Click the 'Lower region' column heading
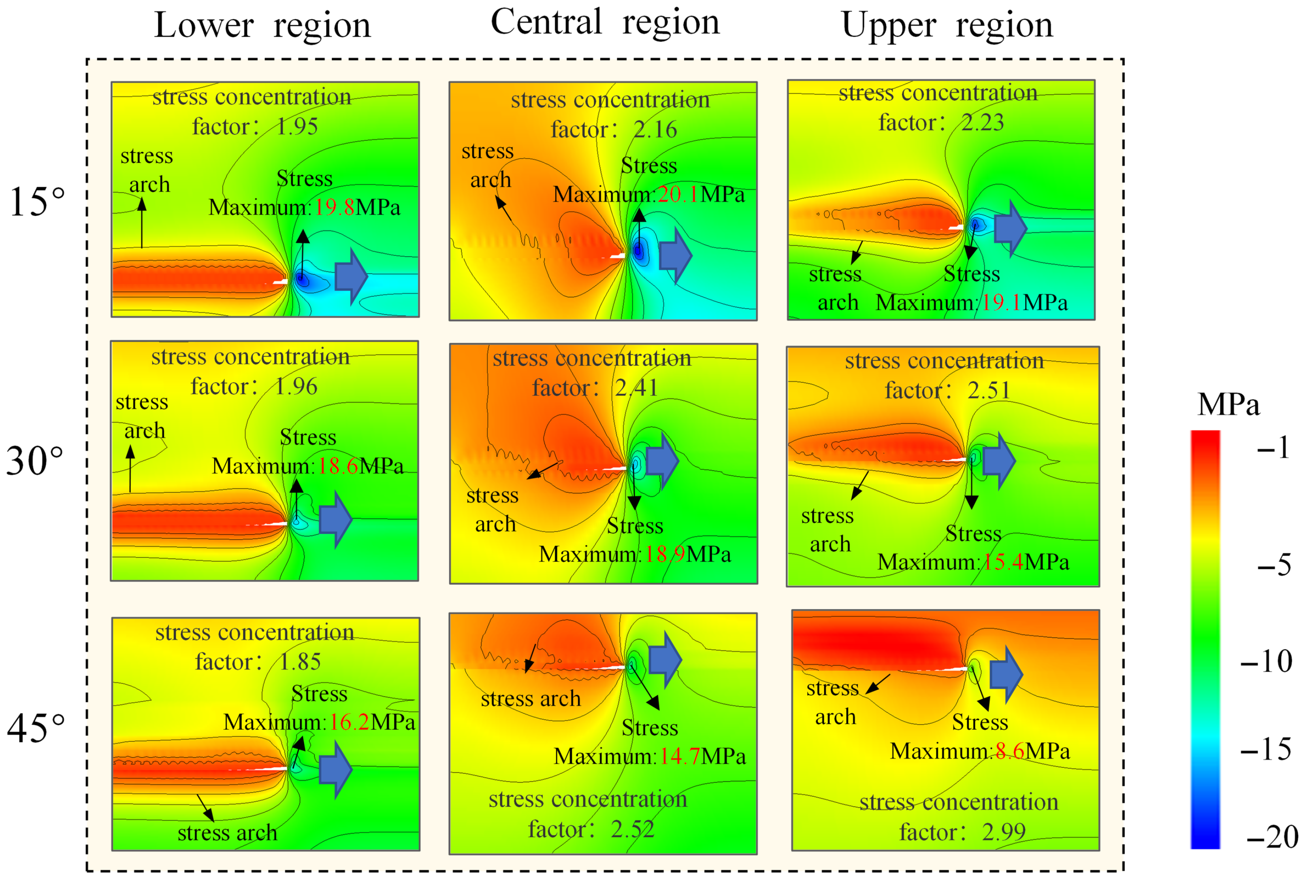coord(262,26)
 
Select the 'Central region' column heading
coord(605,23)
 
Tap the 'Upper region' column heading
coord(947,26)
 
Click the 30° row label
coord(35,461)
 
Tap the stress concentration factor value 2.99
coord(1004,831)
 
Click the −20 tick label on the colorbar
coord(1272,837)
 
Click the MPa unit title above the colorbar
coord(1228,404)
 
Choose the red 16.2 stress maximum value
coord(349,722)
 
